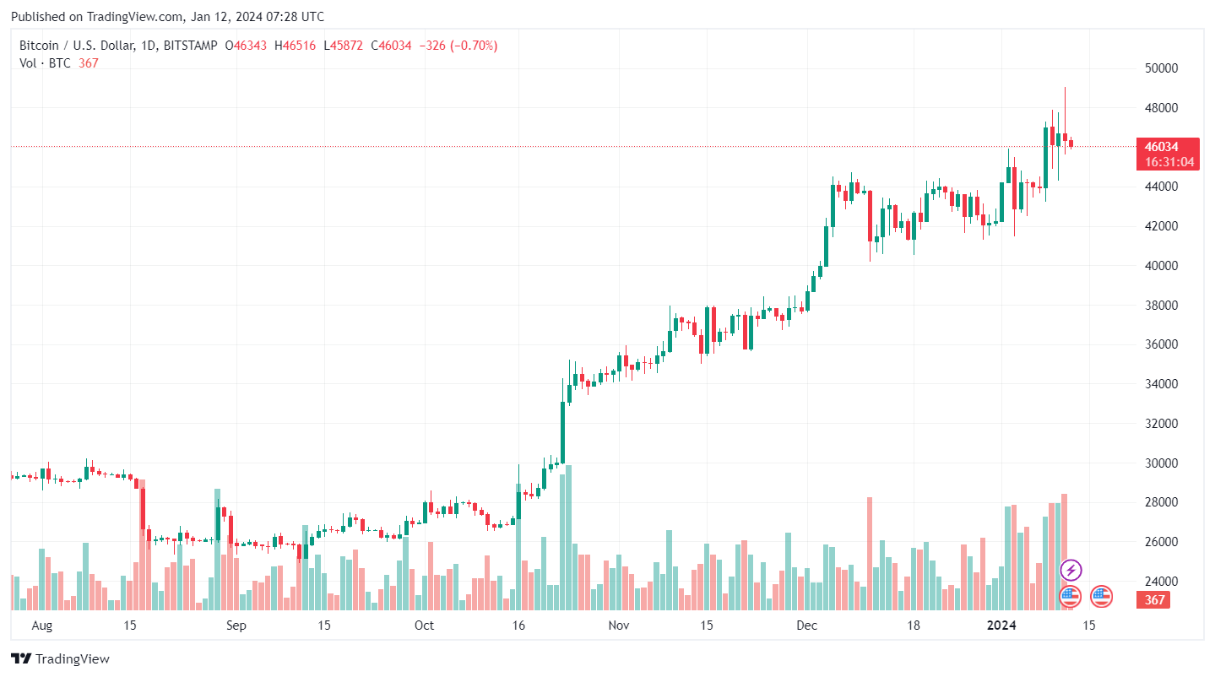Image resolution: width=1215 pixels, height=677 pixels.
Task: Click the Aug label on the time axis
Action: click(41, 626)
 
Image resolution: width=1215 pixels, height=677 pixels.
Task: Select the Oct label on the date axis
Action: click(424, 626)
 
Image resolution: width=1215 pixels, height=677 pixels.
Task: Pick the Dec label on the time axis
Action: click(807, 626)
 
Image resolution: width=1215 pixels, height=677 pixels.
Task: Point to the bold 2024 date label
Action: click(1002, 626)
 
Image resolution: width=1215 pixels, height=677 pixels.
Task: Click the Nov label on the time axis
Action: click(619, 626)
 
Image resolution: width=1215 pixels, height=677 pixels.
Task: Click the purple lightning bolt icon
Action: click(1071, 570)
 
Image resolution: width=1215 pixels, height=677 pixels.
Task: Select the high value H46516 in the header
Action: click(295, 46)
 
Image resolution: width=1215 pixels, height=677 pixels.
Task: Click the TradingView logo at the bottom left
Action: click(61, 658)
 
